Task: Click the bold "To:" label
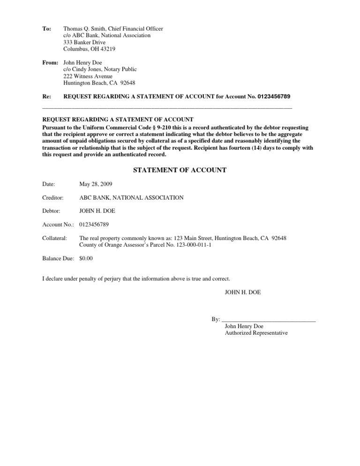tap(46, 29)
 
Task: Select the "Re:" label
tap(46, 97)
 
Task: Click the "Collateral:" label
tap(54, 238)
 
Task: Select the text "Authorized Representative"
tap(256, 333)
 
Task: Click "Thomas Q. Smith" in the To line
tap(83, 29)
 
